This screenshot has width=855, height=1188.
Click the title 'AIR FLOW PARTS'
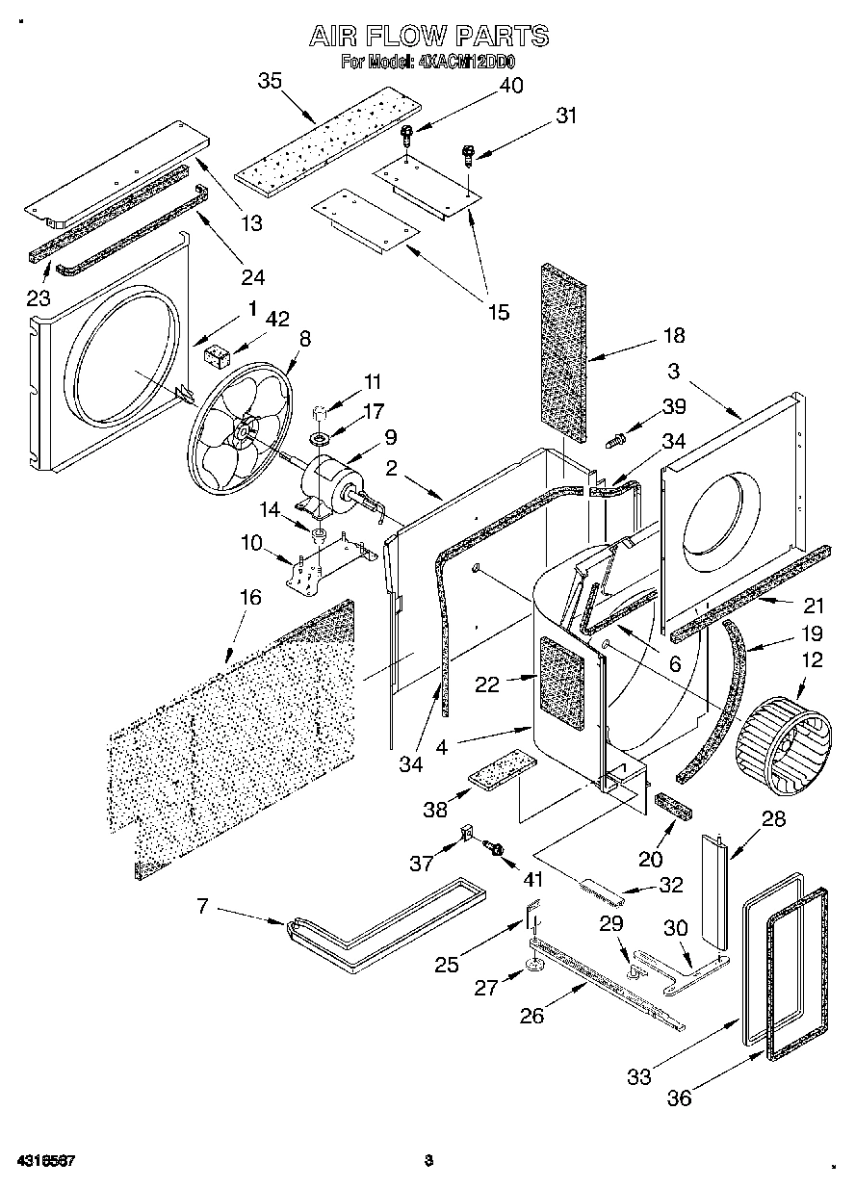(428, 37)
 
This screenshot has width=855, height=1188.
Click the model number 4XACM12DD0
(468, 63)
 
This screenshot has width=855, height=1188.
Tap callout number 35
(271, 81)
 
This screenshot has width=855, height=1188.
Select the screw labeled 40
(408, 134)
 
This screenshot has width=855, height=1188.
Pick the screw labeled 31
(470, 153)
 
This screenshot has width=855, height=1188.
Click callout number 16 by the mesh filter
(249, 597)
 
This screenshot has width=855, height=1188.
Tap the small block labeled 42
(218, 356)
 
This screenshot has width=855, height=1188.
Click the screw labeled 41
(497, 848)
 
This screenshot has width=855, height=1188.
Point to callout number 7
(203, 907)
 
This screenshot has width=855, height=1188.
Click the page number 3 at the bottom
(428, 1160)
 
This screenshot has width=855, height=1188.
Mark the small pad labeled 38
(501, 768)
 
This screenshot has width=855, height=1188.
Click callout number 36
(680, 1098)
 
